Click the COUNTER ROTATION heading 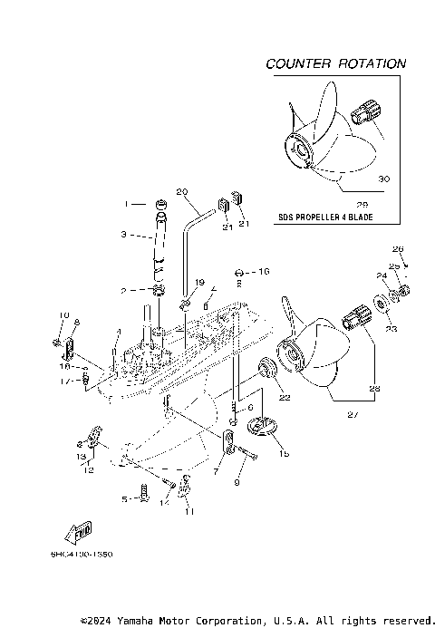(335, 64)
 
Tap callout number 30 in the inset (383, 179)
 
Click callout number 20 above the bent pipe (180, 191)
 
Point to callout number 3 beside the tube (124, 234)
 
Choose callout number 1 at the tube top (129, 203)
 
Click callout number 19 (199, 283)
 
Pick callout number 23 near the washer (391, 330)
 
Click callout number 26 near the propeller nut (396, 247)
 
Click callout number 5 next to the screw (124, 498)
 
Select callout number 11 (189, 512)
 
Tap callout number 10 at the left (64, 315)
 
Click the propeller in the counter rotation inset (322, 145)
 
